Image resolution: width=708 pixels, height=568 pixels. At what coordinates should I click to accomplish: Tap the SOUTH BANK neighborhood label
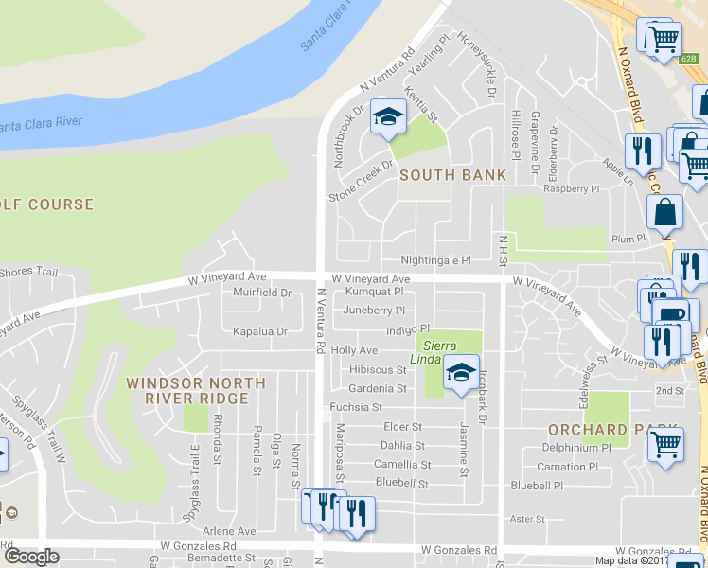click(x=452, y=175)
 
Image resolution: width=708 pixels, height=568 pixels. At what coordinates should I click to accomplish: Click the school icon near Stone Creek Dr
click(x=386, y=117)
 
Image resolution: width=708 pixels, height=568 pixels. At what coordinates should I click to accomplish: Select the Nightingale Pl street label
click(x=435, y=260)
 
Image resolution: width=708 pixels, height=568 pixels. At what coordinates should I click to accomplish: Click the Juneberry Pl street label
click(x=374, y=311)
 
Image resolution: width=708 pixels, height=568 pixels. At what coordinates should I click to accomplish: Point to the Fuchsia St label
click(x=355, y=407)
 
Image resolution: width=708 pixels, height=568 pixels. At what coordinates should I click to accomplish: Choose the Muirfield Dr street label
click(x=262, y=293)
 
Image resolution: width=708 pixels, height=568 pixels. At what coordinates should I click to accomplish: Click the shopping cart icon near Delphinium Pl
click(x=666, y=444)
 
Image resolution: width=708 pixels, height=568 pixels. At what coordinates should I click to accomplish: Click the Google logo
click(x=31, y=557)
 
